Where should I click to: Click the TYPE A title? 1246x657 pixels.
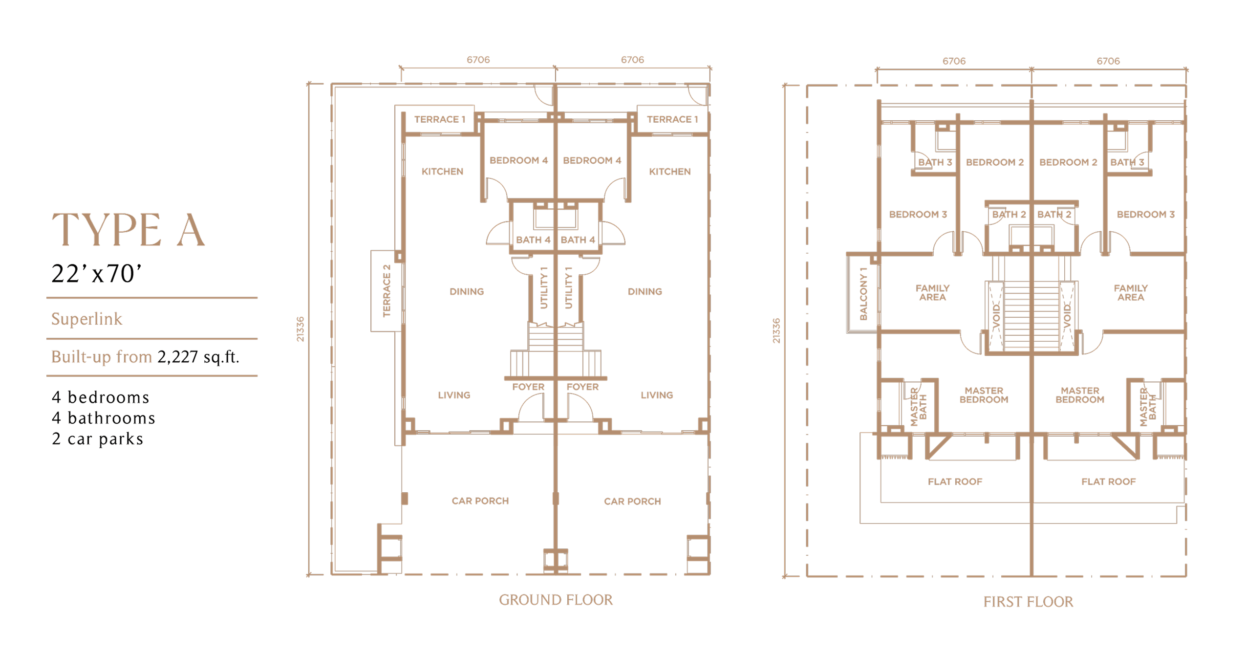[x=128, y=230]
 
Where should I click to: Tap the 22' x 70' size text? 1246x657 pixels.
[x=96, y=273]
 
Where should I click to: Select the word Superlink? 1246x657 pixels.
[x=86, y=319]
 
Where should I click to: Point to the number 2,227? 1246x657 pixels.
[x=178, y=357]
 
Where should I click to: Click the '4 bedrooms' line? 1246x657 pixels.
[x=100, y=397]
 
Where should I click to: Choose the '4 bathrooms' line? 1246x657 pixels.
[x=103, y=418]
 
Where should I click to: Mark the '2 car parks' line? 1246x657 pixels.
[x=97, y=438]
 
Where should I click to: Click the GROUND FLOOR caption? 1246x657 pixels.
[x=556, y=600]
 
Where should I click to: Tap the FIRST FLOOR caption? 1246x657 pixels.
[x=1028, y=602]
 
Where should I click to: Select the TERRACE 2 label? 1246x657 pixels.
[x=387, y=291]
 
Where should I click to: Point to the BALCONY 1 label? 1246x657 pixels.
[x=863, y=294]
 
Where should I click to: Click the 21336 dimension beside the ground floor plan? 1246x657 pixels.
[x=300, y=329]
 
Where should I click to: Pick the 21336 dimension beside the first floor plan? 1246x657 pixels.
[x=776, y=331]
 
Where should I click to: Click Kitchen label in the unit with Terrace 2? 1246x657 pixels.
[x=442, y=172]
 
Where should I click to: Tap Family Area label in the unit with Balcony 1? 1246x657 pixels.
[x=932, y=292]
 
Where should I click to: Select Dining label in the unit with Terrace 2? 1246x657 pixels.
[x=467, y=291]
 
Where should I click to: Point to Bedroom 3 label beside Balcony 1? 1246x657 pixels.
[x=918, y=214]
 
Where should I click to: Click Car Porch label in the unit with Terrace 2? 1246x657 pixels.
[x=480, y=501]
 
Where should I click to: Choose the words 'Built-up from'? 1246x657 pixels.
[x=102, y=357]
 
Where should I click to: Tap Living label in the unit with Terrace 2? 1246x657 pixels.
[x=454, y=395]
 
